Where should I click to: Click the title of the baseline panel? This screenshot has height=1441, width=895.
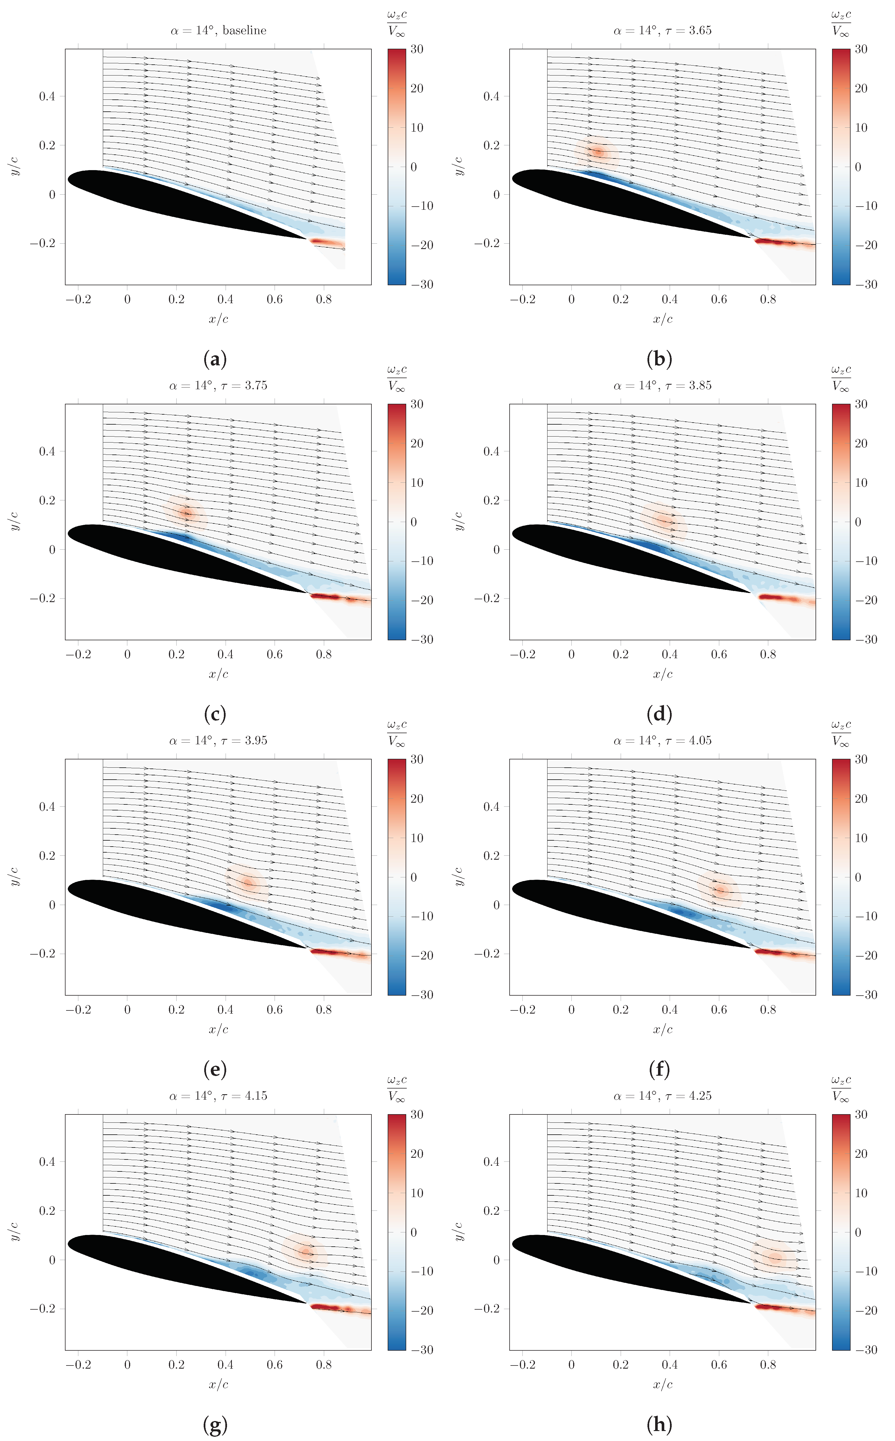pyautogui.click(x=218, y=30)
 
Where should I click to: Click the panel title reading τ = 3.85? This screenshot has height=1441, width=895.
pyautogui.click(x=662, y=386)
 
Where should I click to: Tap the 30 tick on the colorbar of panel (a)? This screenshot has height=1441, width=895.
pyautogui.click(x=417, y=49)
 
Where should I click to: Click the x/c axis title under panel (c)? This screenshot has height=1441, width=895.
pyautogui.click(x=218, y=674)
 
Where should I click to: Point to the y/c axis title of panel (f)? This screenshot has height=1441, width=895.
pyautogui.click(x=459, y=876)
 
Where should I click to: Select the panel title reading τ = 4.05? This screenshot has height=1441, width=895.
pyautogui.click(x=662, y=741)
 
